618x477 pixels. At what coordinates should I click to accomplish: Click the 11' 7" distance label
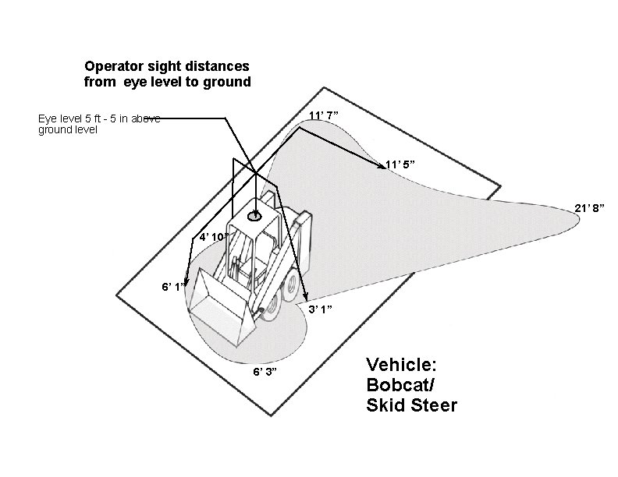tap(324, 116)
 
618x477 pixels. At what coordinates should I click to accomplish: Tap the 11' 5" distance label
tap(400, 165)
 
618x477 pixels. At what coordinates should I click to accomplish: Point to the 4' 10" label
tap(213, 236)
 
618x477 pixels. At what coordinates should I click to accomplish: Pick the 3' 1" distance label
tap(321, 309)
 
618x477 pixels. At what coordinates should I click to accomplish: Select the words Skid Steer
tap(411, 405)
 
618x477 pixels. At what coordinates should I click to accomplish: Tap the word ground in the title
tap(225, 81)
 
